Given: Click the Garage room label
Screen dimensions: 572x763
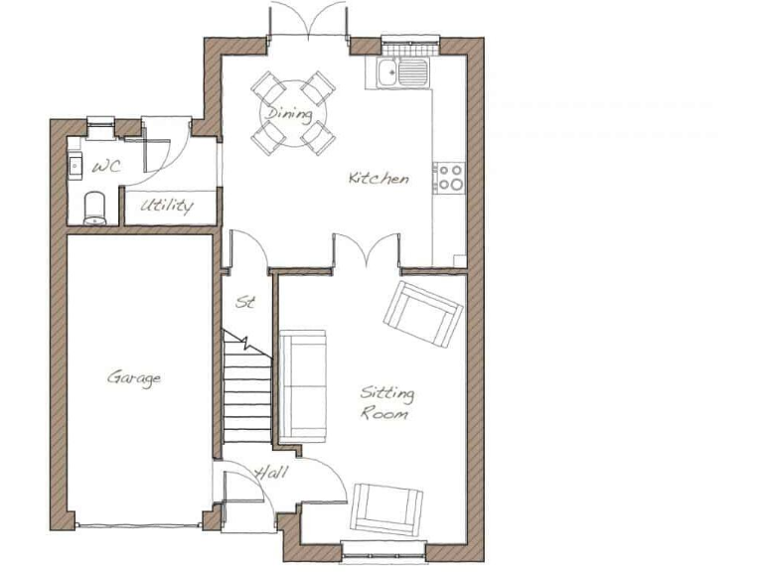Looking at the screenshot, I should [134, 377].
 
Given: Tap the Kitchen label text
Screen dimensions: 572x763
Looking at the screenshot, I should [378, 179].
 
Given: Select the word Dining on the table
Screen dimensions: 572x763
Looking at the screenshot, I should [291, 113].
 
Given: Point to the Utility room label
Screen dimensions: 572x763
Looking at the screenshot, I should [166, 207].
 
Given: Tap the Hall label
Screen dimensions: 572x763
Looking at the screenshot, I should [270, 474].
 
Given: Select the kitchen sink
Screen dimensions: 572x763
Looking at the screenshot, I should [403, 71].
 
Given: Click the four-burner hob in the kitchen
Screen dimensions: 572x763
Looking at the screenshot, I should [450, 177].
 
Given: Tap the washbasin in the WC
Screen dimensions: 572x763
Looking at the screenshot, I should [76, 164].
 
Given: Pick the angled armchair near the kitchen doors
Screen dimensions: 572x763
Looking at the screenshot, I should [424, 312].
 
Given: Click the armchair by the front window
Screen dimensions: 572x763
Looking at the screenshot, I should [388, 509].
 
